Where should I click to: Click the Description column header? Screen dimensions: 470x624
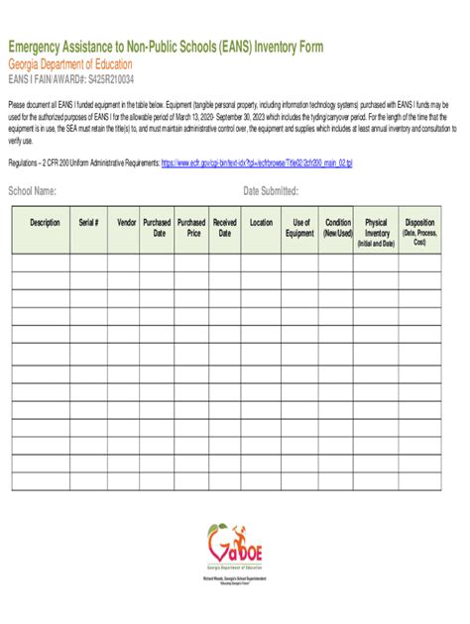(45, 223)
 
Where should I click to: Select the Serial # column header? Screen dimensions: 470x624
(88, 223)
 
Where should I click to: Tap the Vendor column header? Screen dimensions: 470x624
(127, 223)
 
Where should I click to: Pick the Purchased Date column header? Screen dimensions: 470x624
(158, 228)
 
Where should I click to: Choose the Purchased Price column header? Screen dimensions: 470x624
(191, 228)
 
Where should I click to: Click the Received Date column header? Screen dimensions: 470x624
(225, 228)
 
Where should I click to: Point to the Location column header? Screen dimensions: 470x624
(261, 223)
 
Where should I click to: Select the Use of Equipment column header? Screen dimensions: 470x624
(299, 228)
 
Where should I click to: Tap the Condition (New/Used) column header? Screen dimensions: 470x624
(338, 228)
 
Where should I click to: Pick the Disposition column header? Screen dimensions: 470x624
(419, 230)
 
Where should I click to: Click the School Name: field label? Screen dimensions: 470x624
(32, 191)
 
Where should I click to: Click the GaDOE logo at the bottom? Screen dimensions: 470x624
(235, 546)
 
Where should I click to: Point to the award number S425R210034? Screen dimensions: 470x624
(106, 78)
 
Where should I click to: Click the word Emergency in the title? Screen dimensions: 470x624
(37, 48)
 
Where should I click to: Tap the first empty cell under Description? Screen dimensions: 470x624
(40, 261)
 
